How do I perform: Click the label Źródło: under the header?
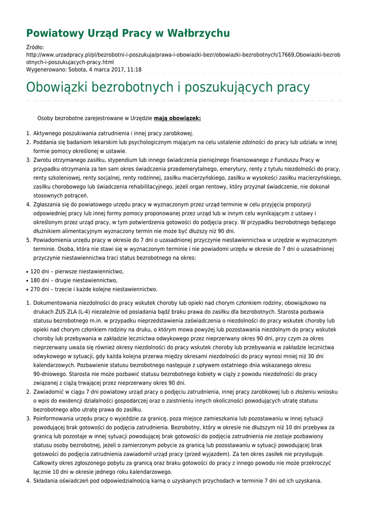pos(36,47)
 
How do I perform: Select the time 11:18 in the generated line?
pos(134,70)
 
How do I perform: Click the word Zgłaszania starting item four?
pos(49,204)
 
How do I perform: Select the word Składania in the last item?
pos(47,481)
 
